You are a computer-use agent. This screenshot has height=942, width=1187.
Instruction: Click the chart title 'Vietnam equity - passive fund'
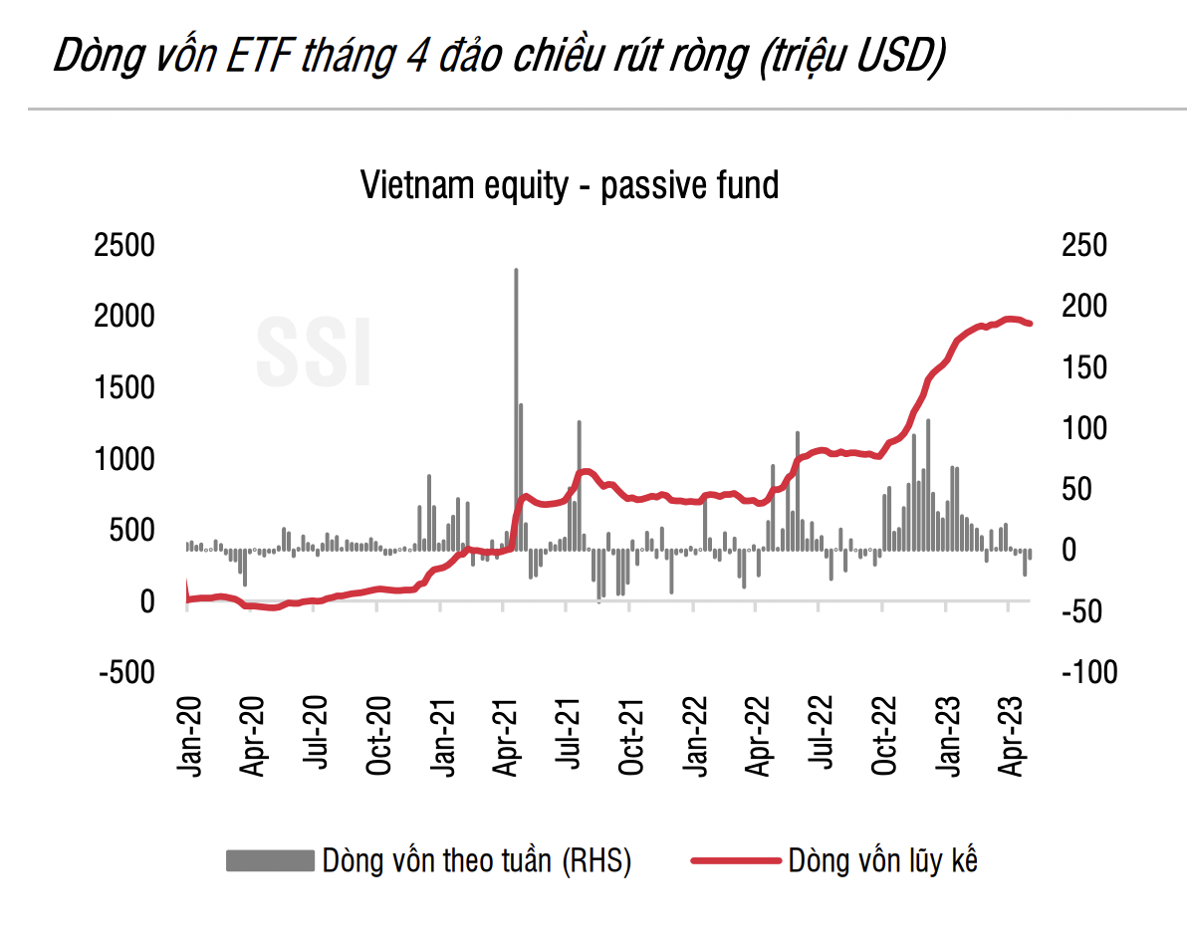570,186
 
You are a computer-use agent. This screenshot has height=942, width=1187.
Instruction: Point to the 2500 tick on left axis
124,246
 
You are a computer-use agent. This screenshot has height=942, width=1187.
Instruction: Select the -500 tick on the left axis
127,673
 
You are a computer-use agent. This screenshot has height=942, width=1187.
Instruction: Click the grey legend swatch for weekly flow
269,860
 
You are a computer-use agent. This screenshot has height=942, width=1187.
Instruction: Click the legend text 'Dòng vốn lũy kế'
882,860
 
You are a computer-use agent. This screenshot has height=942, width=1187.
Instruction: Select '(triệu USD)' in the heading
849,58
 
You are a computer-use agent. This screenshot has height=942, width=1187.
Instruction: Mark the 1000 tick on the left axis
124,460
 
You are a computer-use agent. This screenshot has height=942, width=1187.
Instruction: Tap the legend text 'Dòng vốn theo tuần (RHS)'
477,860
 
